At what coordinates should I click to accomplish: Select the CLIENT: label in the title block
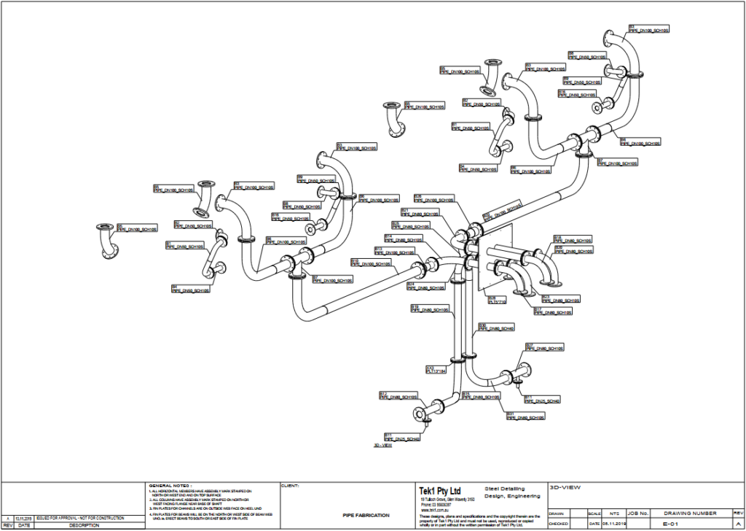(x=289, y=485)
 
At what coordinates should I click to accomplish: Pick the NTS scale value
(x=594, y=513)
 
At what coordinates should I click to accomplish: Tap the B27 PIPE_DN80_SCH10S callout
(x=544, y=347)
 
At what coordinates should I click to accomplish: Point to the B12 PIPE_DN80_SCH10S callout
(x=398, y=396)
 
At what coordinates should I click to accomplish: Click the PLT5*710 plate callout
(x=496, y=299)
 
